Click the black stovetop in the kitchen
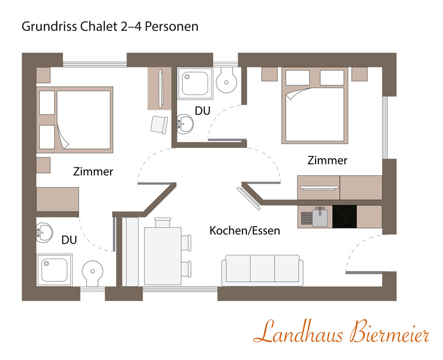[x=344, y=217]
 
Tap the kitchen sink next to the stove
[x=320, y=217]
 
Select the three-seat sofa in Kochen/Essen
[x=262, y=270]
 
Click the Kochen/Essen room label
[x=245, y=230]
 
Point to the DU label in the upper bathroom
[x=203, y=111]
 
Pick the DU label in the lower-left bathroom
[x=69, y=240]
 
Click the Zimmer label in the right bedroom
[x=327, y=160]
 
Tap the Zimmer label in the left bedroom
[x=93, y=172]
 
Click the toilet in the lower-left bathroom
[x=92, y=273]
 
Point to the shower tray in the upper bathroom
[x=195, y=84]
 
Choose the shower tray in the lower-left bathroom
[x=54, y=270]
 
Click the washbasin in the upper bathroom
[x=185, y=124]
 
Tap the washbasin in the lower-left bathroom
[x=44, y=233]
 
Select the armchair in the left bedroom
[x=159, y=125]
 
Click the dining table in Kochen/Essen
[x=163, y=256]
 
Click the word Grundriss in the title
[x=49, y=26]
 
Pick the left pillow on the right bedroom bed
[x=297, y=78]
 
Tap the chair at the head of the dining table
[x=162, y=222]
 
